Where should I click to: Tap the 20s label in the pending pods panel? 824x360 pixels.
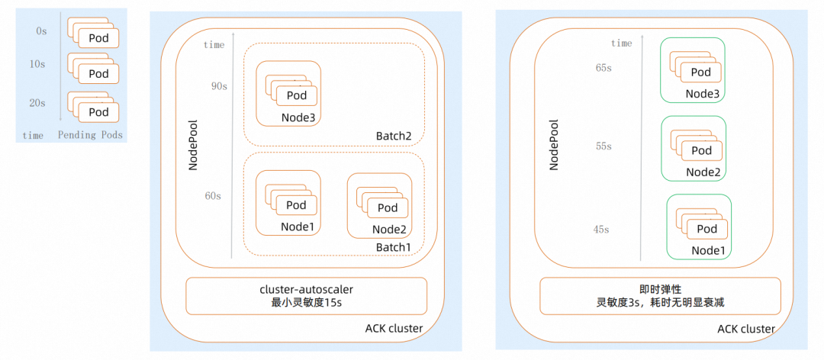click(37, 103)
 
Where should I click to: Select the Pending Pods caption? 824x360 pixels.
click(90, 136)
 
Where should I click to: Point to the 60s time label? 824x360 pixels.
click(212, 196)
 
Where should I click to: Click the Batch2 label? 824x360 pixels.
click(394, 136)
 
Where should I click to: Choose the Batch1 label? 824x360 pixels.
click(394, 247)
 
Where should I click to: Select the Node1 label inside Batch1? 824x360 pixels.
click(297, 227)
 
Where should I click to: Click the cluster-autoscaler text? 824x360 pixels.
click(306, 289)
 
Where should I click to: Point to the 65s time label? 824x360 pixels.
click(604, 68)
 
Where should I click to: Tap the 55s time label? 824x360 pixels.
click(604, 146)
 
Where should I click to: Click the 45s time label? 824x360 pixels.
click(602, 230)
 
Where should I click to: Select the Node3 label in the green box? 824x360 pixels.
click(702, 94)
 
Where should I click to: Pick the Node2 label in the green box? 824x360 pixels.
click(703, 172)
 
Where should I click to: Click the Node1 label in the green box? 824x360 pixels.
click(707, 250)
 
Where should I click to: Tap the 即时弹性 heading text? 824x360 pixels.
click(660, 289)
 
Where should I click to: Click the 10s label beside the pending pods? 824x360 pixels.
click(37, 65)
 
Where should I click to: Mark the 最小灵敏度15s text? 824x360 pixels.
click(306, 302)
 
